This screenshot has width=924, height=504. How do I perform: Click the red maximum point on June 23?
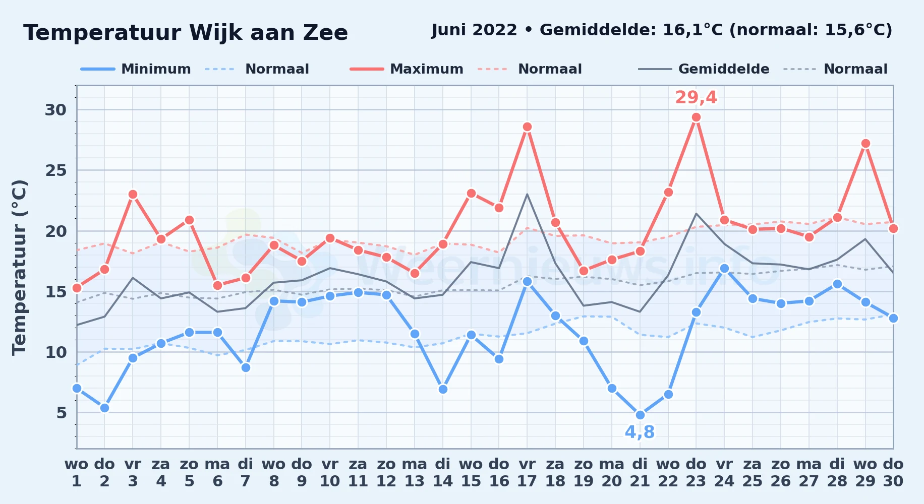click(696, 117)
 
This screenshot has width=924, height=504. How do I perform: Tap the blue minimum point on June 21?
click(640, 415)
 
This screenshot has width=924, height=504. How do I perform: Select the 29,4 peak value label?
click(696, 97)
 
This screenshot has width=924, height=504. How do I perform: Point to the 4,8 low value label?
click(640, 432)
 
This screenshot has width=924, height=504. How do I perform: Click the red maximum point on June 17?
click(527, 127)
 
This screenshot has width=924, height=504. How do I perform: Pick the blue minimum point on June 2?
click(104, 408)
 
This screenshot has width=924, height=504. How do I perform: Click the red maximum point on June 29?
click(865, 144)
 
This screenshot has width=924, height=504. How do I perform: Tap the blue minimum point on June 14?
click(443, 389)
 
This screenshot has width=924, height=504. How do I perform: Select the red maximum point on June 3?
click(133, 195)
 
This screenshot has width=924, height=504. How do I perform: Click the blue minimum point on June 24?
click(724, 269)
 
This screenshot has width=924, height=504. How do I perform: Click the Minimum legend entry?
click(136, 69)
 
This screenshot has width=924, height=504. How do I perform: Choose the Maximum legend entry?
click(407, 69)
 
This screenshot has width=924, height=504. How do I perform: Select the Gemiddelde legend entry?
click(704, 69)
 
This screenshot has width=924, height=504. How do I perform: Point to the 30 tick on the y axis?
click(55, 110)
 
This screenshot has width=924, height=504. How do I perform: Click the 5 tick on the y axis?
click(62, 413)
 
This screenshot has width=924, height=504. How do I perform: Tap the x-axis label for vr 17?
click(527, 473)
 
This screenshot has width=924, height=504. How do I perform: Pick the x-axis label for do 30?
click(893, 473)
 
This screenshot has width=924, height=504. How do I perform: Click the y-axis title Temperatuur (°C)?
click(19, 267)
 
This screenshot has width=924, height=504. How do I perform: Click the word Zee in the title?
click(325, 33)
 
